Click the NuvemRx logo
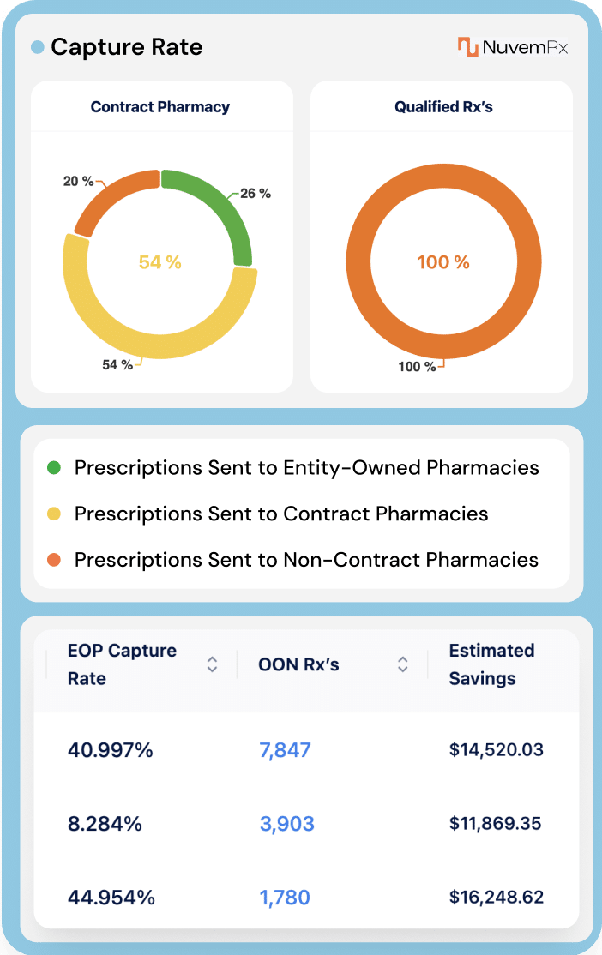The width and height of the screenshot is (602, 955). click(512, 47)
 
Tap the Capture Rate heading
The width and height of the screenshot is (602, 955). click(126, 47)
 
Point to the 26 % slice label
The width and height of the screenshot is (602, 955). click(255, 194)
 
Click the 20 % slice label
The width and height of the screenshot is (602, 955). click(78, 181)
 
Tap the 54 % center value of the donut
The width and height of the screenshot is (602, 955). click(160, 262)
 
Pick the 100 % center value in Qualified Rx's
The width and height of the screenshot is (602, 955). click(443, 262)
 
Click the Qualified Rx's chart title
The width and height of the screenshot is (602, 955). click(443, 107)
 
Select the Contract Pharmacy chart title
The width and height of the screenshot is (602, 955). click(160, 107)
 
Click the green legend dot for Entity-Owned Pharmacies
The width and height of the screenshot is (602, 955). click(54, 468)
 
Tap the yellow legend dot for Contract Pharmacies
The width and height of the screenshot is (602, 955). click(54, 514)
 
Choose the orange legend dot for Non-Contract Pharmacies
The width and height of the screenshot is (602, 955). click(54, 561)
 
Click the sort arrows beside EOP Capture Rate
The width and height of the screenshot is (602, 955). click(212, 664)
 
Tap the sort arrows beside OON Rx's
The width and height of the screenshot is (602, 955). click(402, 664)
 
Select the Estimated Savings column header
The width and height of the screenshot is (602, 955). click(491, 664)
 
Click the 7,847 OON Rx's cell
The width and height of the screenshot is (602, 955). click(285, 751)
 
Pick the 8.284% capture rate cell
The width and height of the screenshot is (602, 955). click(105, 824)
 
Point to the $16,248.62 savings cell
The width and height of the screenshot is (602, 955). click(496, 898)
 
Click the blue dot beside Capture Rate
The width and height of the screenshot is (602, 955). click(37, 48)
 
